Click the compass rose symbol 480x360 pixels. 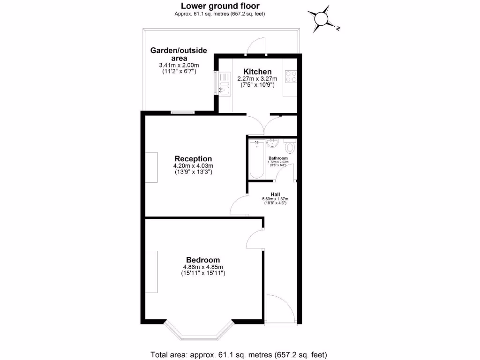click(322, 19)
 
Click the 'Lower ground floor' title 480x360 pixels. click(220, 6)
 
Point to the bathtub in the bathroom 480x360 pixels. click(256, 159)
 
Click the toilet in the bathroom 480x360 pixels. click(290, 148)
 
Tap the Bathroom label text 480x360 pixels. click(278, 158)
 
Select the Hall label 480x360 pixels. click(275, 194)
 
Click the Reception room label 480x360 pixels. click(193, 158)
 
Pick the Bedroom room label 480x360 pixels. click(203, 260)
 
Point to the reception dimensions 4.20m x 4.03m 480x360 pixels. click(193, 166)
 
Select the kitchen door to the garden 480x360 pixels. click(257, 45)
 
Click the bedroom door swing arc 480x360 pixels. click(253, 239)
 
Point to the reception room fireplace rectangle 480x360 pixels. click(151, 167)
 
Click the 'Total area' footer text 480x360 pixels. click(238, 354)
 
